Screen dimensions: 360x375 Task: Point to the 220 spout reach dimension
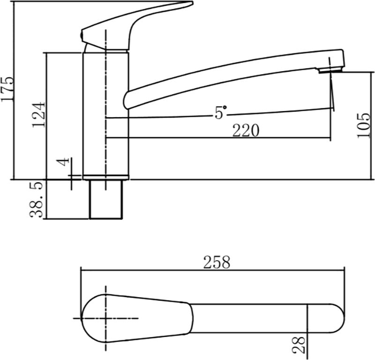pos(246,131)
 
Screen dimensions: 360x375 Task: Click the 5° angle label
pos(220,112)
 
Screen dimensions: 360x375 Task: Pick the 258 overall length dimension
pos(216,262)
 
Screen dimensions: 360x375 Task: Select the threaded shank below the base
pos(107,199)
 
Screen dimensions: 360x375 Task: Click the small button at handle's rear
pos(83,35)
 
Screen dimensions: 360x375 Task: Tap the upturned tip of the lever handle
pos(185,5)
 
